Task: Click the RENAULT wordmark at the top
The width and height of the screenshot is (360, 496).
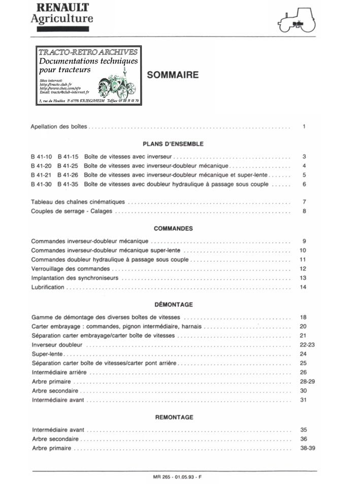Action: (x=60, y=8)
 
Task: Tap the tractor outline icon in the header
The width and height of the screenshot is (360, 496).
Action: (x=297, y=21)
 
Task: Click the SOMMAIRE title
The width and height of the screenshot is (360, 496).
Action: (x=173, y=75)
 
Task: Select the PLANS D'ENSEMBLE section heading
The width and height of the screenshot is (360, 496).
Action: (x=173, y=144)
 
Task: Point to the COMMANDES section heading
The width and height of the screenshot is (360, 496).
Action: (x=173, y=229)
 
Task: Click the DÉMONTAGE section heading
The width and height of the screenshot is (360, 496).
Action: (x=173, y=305)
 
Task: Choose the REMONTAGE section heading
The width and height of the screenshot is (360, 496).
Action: (x=174, y=417)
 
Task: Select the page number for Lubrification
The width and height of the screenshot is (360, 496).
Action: (x=304, y=287)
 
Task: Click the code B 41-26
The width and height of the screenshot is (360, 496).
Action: (x=68, y=175)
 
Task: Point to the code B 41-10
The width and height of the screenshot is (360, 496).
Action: (x=42, y=157)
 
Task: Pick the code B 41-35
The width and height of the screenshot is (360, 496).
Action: (x=68, y=184)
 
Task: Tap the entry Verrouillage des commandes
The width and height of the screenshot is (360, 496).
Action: (x=71, y=268)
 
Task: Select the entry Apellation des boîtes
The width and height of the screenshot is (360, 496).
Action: (x=59, y=126)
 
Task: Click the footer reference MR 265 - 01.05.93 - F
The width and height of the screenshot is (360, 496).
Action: (x=176, y=477)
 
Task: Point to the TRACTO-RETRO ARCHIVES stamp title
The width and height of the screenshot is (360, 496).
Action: (x=88, y=52)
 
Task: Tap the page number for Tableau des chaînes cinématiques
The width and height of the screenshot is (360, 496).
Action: (x=304, y=202)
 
